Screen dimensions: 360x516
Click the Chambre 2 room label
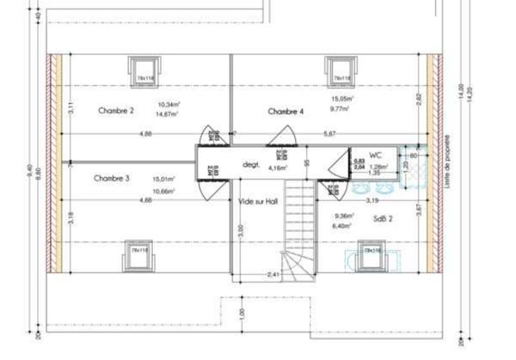point(115,111)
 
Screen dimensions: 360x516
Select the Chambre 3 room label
point(111,179)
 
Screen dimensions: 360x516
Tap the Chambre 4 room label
point(286,112)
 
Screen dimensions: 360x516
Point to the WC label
point(375,155)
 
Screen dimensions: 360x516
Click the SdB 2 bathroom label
point(383,218)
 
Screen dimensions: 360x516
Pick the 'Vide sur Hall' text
point(260,201)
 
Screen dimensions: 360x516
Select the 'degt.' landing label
point(251,162)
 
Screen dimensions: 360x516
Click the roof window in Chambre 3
point(137,252)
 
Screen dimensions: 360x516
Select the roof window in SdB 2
point(372,253)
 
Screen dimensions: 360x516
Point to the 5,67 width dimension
point(330,135)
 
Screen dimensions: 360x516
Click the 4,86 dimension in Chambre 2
point(147,135)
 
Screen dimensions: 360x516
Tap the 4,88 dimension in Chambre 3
point(147,200)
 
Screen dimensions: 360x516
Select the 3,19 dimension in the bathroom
point(372,200)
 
